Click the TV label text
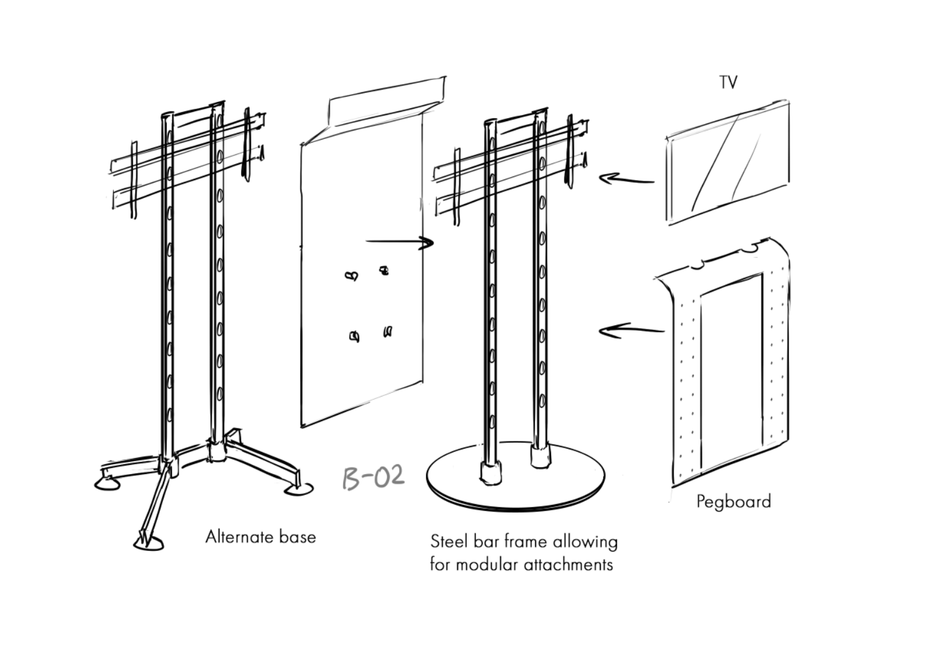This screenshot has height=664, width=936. coord(728,82)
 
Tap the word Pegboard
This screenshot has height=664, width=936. coord(733,502)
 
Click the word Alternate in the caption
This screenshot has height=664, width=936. coord(240,537)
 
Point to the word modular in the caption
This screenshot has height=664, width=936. coord(488,565)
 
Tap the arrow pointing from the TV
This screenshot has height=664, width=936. coord(627,180)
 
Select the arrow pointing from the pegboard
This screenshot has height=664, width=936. coord(632,330)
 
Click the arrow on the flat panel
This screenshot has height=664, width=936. coord(400,242)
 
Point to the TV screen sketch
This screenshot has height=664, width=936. coord(728,163)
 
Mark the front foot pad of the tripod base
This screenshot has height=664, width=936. coord(148,544)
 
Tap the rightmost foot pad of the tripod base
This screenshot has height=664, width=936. coord(299,489)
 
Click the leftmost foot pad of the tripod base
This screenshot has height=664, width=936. coord(108,484)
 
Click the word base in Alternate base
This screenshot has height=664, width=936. coord(298,537)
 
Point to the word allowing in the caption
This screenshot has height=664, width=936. coord(585,542)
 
